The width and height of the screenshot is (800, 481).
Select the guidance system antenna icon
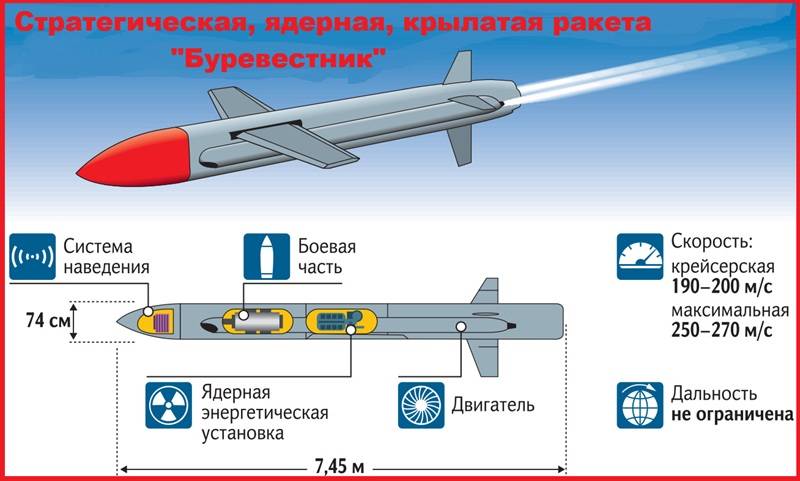coord(31,257)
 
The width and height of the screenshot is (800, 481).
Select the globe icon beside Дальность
coord(640,404)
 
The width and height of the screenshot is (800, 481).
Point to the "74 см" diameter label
coord(43,321)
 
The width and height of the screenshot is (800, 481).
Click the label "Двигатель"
coord(494,406)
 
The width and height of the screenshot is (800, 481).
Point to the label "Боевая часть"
coord(326,257)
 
